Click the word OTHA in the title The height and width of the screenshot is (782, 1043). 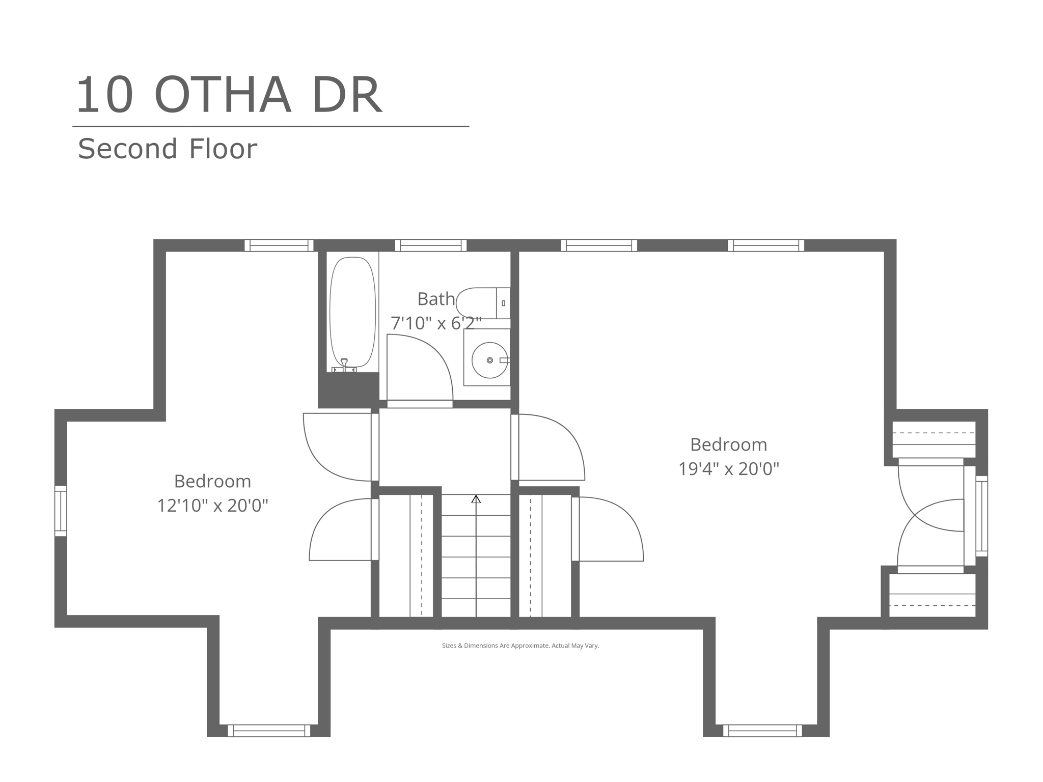(223, 95)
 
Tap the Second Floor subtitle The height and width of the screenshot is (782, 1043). (168, 149)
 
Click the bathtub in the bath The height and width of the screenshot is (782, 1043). (352, 312)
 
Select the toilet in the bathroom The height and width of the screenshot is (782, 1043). (483, 303)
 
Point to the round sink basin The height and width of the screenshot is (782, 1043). (490, 360)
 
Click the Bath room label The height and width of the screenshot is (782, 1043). (436, 299)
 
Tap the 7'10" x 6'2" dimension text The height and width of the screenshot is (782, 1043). (436, 323)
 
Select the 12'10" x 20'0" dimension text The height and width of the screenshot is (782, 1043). (212, 506)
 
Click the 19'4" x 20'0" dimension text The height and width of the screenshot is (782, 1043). (729, 468)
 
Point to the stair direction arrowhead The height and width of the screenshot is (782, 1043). (476, 499)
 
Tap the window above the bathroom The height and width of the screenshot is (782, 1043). (430, 245)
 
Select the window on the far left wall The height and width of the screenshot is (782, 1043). (61, 511)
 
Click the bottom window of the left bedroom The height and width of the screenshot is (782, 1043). (269, 731)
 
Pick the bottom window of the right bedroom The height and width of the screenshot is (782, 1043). (762, 731)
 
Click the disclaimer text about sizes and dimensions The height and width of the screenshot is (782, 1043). (520, 646)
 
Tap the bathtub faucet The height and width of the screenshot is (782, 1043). (344, 365)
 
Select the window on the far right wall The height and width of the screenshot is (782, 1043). (981, 516)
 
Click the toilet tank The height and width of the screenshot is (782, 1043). (503, 303)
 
